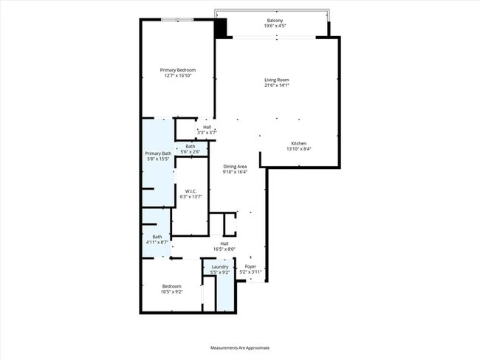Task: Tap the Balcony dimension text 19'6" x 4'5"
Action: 275,26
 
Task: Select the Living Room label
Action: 277,80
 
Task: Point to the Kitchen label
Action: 298,143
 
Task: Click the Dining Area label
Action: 235,167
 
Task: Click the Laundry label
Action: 220,266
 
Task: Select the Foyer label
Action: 250,266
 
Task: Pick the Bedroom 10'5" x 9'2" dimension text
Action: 172,291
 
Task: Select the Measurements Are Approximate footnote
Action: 240,347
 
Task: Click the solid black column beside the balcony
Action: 221,27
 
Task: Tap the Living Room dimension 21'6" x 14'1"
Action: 277,86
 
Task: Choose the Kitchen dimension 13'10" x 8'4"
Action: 298,149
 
